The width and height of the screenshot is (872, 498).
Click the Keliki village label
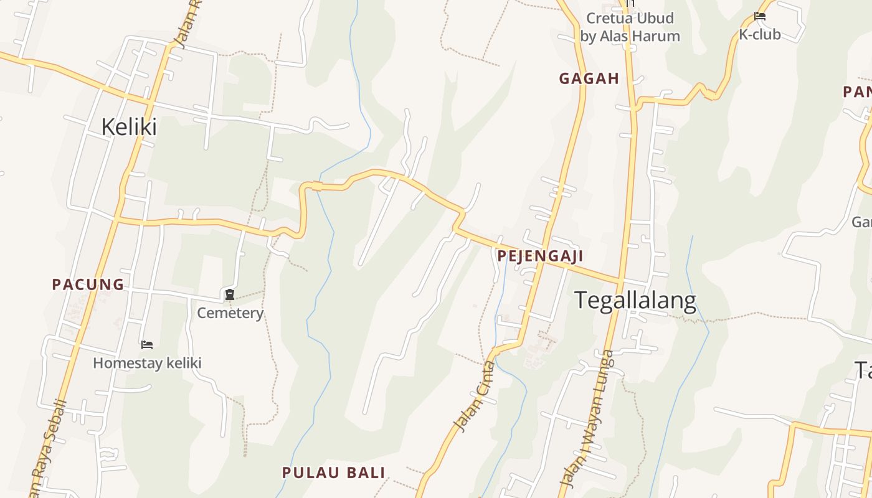[x=129, y=127]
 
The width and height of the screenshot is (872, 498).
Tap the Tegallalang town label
[x=635, y=300]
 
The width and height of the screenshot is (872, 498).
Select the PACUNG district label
[x=88, y=284]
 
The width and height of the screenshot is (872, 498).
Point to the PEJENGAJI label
[x=540, y=256]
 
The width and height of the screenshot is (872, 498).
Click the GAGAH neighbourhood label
[x=589, y=78]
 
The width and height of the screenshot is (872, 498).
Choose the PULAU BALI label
[x=334, y=472]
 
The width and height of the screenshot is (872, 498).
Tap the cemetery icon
[x=230, y=294]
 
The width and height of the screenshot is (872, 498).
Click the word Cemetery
[x=230, y=312]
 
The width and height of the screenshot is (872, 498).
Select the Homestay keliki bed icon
[x=147, y=344]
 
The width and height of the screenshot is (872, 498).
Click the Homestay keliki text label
[x=147, y=363]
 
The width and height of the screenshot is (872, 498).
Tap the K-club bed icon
[x=759, y=16]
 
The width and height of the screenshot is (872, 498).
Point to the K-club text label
[x=759, y=34]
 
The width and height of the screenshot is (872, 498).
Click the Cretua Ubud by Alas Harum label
[x=630, y=27]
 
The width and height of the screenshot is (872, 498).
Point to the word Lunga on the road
[x=603, y=374]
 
